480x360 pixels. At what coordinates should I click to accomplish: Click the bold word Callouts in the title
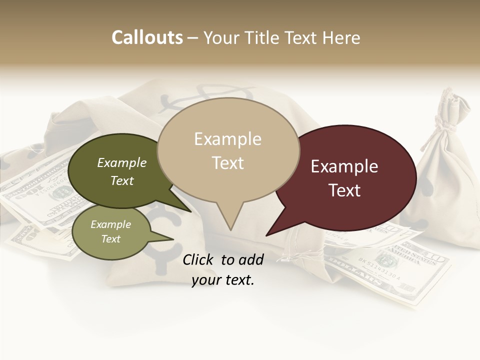point(147,37)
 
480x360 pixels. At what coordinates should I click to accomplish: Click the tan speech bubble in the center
point(228,150)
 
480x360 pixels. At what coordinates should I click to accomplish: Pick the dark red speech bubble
point(345,177)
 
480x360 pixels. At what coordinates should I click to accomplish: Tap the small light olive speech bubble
point(111,231)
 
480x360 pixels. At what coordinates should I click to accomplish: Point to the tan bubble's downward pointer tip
point(230,229)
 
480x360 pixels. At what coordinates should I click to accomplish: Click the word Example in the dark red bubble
point(344,166)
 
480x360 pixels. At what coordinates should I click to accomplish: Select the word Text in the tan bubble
point(228,163)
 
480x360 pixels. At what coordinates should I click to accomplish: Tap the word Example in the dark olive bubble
point(122,162)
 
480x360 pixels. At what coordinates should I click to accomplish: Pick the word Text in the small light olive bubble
point(111,239)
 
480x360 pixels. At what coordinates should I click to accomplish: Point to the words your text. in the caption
point(223,280)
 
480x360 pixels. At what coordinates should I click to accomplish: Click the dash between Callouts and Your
point(193,37)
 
